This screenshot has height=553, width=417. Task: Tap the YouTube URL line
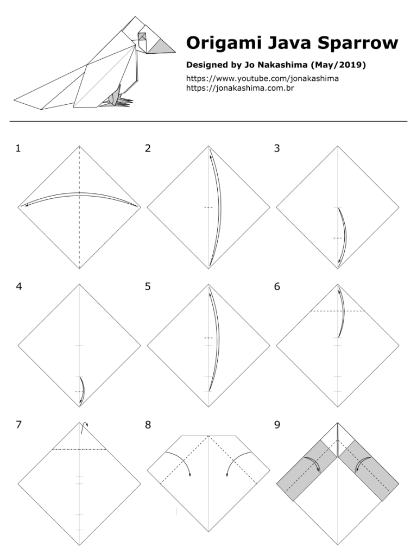262,78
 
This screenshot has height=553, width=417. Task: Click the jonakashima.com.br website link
240,87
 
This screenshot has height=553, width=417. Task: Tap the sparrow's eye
142,36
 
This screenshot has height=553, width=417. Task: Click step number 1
18,148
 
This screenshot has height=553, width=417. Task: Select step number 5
148,286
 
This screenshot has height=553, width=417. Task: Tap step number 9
277,425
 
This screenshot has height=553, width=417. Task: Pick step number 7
18,425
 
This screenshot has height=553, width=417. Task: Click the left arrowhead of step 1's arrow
22,206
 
